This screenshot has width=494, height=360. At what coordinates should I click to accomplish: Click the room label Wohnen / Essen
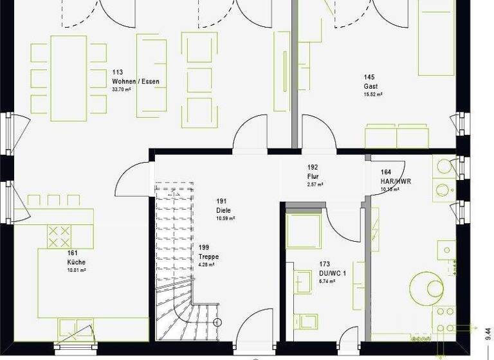coord(135,82)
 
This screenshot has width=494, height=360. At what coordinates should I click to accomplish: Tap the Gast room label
coord(370,86)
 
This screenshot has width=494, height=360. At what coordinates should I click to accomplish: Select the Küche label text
coord(76,262)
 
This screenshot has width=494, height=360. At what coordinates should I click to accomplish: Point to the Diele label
coord(223,210)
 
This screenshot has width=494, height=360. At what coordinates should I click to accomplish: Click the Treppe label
coord(208,256)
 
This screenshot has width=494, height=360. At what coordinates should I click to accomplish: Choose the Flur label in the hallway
coord(313,176)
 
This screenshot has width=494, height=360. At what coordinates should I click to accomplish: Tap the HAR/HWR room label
coord(396,181)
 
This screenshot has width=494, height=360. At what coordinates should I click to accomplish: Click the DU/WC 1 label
coord(333,273)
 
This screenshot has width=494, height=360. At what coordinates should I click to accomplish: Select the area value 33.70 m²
coord(122,90)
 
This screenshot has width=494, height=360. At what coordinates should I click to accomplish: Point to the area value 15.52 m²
coord(373,94)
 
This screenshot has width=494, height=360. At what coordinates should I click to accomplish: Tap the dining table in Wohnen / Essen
coord(68,78)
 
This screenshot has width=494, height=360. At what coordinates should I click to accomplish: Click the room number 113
coord(117,73)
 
